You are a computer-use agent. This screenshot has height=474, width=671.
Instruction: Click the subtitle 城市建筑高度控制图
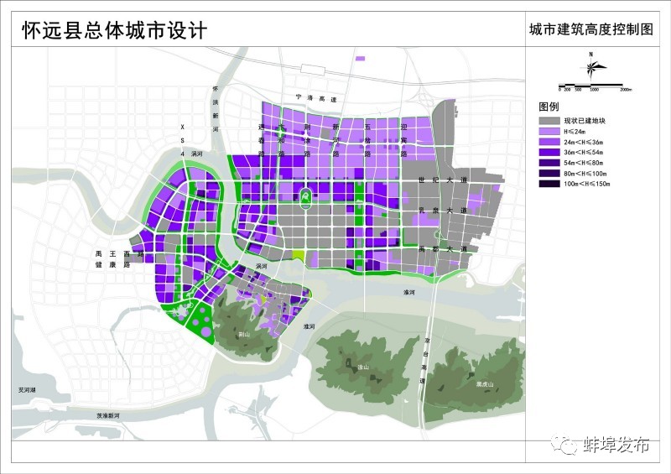coord(590,30)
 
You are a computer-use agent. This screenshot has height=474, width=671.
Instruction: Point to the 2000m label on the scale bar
coord(625,89)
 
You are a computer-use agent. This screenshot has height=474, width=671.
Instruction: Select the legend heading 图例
coord(549,107)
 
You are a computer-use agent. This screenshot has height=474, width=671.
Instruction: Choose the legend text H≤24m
coord(575,131)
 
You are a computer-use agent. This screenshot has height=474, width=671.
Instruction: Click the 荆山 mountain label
coord(243,333)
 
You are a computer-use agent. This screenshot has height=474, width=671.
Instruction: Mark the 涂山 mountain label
coord(363,366)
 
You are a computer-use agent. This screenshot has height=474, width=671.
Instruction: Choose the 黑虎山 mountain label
coord(483,384)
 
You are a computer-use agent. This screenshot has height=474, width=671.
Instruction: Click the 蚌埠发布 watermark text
coord(616,444)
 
